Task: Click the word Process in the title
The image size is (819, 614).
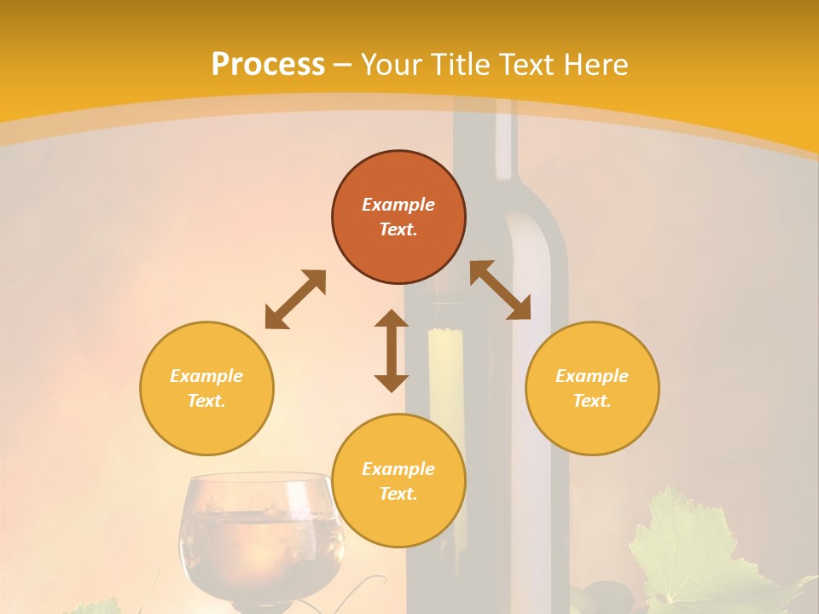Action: [268, 65]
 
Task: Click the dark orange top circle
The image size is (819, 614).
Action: [398, 217]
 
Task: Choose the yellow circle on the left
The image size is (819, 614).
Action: [206, 388]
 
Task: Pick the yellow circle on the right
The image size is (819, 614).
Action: [592, 388]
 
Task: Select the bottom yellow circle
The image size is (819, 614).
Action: [398, 480]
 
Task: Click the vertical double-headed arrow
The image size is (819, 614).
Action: [392, 350]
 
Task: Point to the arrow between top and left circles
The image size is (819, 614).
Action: [295, 299]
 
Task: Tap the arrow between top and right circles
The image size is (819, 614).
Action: [500, 290]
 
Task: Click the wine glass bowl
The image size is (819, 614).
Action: [256, 529]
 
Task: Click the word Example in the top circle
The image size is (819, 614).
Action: [398, 205]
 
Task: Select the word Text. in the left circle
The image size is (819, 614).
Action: [206, 401]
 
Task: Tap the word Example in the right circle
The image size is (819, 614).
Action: [592, 376]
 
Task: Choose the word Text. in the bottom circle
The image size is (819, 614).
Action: [398, 494]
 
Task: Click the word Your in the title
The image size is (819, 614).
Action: [392, 65]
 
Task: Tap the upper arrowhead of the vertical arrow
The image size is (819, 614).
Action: [392, 320]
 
